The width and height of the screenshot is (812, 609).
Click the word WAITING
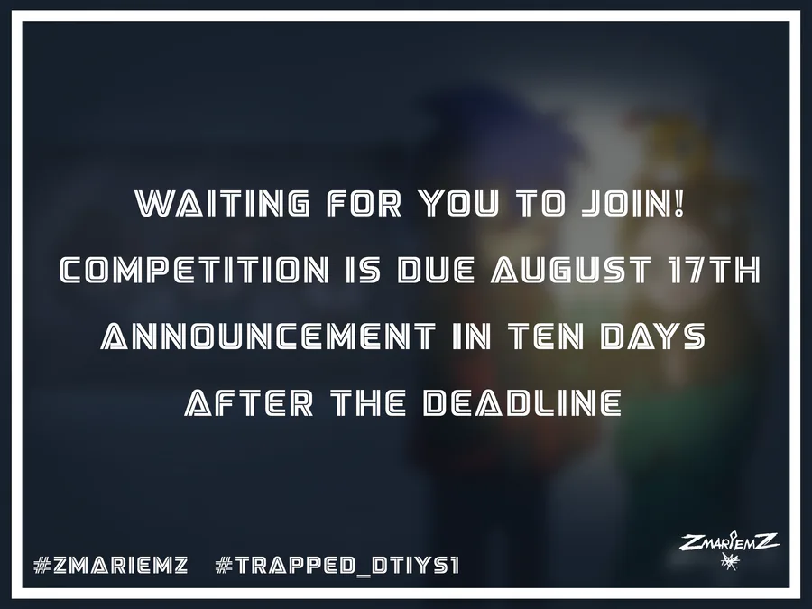pyautogui.click(x=223, y=203)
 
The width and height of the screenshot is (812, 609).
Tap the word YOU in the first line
pyautogui.click(x=459, y=203)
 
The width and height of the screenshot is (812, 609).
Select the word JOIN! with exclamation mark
pyautogui.click(x=632, y=203)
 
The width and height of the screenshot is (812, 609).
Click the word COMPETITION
pyautogui.click(x=194, y=270)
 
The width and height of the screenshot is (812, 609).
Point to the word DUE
pyautogui.click(x=436, y=270)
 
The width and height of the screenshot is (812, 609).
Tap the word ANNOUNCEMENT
pyautogui.click(x=268, y=337)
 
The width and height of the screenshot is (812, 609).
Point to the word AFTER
pyautogui.click(x=249, y=403)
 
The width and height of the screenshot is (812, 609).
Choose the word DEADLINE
pyautogui.click(x=522, y=403)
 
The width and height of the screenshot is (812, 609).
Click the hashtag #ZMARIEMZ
pyautogui.click(x=110, y=565)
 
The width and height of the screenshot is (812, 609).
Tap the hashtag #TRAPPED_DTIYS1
pyautogui.click(x=337, y=565)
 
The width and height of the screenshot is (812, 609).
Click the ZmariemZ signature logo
pyautogui.click(x=729, y=541)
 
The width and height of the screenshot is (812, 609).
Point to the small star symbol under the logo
pyautogui.click(x=730, y=561)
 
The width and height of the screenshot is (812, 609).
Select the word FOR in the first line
pyautogui.click(x=364, y=203)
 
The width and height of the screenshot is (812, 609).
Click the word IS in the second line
pyautogui.click(x=363, y=270)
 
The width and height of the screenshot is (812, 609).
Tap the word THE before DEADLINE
pyautogui.click(x=368, y=403)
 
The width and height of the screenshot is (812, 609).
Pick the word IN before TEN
pyautogui.click(x=472, y=337)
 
